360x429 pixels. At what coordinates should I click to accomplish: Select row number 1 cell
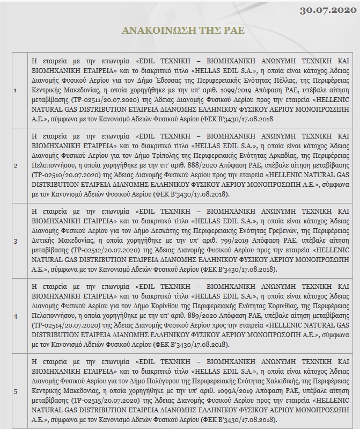click(x=16, y=90)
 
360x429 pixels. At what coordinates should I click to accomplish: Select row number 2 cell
click(x=16, y=165)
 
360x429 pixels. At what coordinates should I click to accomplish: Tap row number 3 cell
click(x=16, y=241)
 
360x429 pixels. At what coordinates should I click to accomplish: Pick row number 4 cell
click(x=16, y=316)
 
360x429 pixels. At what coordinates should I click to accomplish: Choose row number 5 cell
click(x=16, y=391)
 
